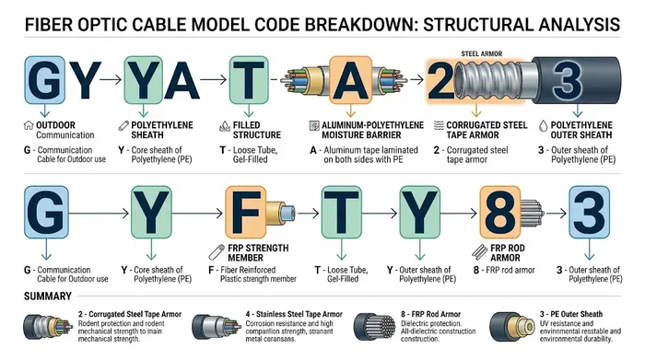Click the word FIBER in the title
point(40,21)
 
